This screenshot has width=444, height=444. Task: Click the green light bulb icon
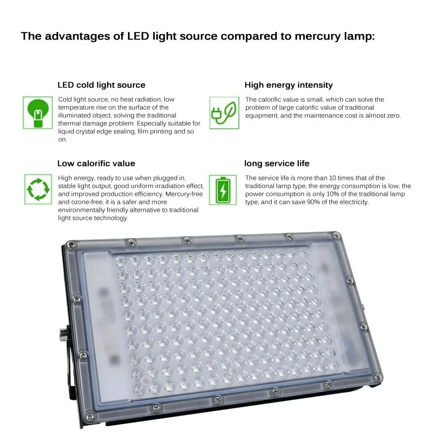38,113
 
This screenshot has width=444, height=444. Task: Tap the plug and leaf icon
224,113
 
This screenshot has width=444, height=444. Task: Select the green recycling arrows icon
38,189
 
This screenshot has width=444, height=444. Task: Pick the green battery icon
223,190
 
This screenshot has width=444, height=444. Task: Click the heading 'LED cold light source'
101,85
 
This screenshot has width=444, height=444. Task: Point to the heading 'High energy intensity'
289,85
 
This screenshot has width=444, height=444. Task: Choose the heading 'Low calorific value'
96,163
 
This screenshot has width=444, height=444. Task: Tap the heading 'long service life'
277,163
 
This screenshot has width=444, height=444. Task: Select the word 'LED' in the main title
138,36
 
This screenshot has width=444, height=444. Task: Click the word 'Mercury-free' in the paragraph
184,194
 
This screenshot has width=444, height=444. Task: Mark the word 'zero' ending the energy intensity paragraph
394,116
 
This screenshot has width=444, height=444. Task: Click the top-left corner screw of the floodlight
71,244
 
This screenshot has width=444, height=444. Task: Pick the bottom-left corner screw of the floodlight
90,416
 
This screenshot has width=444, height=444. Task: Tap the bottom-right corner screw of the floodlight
377,377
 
